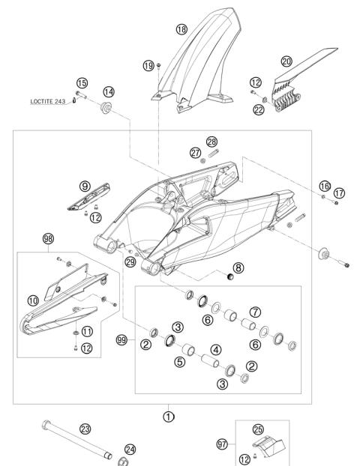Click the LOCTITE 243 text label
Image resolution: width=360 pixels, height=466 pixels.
[47, 101]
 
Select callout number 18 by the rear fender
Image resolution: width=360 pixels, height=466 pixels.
[181, 29]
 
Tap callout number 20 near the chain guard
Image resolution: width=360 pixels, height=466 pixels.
[286, 61]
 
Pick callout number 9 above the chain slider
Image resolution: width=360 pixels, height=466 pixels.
[85, 187]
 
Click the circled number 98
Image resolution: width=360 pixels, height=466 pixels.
[48, 239]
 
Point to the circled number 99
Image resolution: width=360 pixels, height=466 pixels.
[121, 339]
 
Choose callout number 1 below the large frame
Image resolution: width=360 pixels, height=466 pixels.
[169, 417]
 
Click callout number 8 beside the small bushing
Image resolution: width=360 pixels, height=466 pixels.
[238, 267]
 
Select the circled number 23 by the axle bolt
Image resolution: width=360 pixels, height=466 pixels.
[85, 429]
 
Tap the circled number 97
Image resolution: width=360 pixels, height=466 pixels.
[222, 444]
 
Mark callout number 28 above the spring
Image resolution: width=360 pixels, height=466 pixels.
[211, 142]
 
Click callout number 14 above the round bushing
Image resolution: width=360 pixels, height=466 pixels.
[109, 92]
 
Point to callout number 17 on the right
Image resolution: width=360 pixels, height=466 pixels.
[339, 193]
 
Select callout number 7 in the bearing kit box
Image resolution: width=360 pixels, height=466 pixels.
[255, 312]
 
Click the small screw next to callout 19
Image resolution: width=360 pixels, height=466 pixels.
[158, 65]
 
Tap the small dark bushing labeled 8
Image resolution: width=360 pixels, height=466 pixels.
[230, 276]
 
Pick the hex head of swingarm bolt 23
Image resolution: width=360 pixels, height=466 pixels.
[46, 424]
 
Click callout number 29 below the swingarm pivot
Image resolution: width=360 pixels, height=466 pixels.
[130, 261]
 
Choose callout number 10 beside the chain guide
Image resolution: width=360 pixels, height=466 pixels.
[33, 300]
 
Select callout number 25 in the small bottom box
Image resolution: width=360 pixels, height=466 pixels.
[258, 429]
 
